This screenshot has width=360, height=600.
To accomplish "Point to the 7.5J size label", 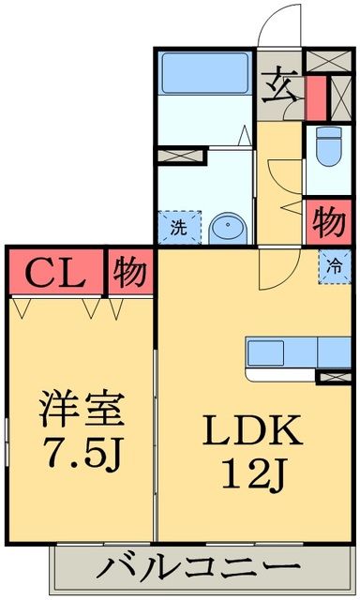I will [82, 458].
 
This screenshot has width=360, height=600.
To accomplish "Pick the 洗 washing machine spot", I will [177, 227].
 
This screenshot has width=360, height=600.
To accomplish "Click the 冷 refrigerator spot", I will [335, 264].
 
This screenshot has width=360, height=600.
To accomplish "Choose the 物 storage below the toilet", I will [328, 224].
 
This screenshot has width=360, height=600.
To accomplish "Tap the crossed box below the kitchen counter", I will [335, 377].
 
